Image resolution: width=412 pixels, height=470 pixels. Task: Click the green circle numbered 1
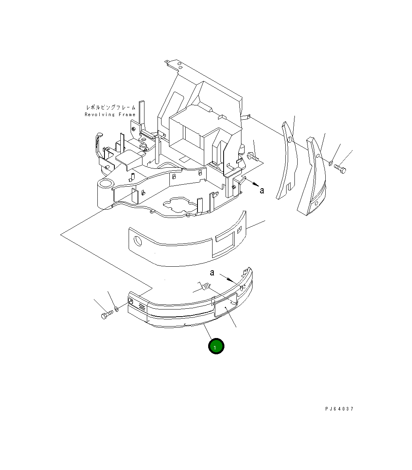point(216,346)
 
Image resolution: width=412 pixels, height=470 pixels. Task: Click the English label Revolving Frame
point(110,115)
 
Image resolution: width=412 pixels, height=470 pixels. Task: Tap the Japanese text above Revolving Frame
point(111,107)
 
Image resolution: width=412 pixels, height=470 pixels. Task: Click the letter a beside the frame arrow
point(262,191)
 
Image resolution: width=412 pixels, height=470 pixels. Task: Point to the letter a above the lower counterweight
point(212,273)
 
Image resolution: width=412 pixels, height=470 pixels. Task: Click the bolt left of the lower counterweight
point(106,315)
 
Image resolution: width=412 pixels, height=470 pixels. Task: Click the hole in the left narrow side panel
point(290,140)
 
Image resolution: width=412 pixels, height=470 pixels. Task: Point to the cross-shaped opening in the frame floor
point(180,204)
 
